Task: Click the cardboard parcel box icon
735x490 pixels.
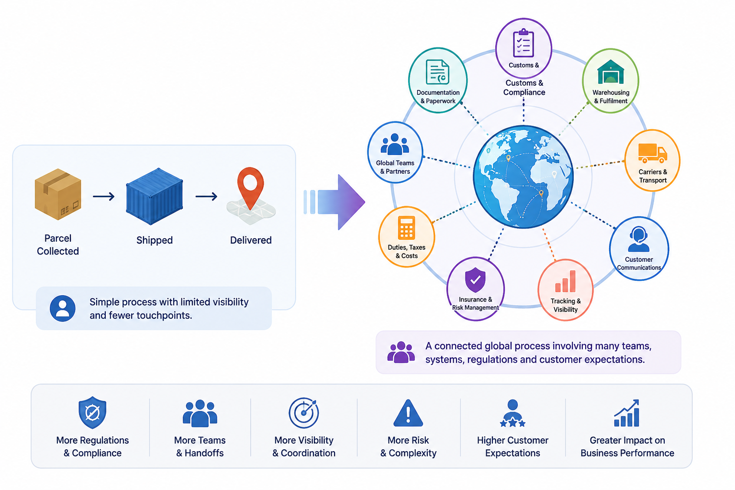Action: (x=58, y=194)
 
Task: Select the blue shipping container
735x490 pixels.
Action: (x=154, y=196)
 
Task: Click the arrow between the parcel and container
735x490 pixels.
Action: (x=104, y=196)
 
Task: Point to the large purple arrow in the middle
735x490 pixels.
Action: (x=338, y=202)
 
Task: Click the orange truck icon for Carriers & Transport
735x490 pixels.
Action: (x=652, y=153)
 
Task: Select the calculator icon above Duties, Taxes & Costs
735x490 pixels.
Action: (x=407, y=228)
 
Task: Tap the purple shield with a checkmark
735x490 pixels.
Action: (x=475, y=279)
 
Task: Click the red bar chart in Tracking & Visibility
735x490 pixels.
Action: (x=565, y=281)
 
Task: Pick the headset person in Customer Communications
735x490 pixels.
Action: (x=638, y=239)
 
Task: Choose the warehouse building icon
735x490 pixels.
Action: (x=610, y=72)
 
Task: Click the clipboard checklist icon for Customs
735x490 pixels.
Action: (x=523, y=43)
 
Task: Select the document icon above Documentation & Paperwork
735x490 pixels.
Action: (x=437, y=72)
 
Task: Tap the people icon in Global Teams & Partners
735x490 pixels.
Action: (x=395, y=144)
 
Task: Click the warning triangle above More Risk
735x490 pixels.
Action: (x=408, y=413)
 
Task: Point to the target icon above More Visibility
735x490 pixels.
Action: (x=304, y=413)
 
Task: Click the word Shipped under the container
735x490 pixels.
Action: (x=155, y=240)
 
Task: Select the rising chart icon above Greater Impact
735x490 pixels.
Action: (x=627, y=413)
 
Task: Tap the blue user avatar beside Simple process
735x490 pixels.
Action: (x=63, y=308)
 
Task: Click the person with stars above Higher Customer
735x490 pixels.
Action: (x=512, y=413)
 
